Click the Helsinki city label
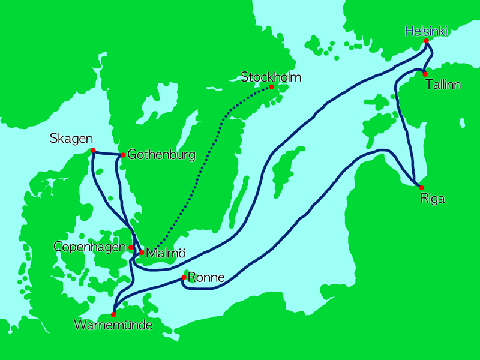coord(426,31)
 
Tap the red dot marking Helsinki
coord(426,41)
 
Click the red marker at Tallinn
coord(425,74)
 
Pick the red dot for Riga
coord(421,188)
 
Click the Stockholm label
coord(271,77)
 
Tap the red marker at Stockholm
coord(271,87)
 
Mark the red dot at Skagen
coord(93,150)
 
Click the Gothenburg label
coord(161,155)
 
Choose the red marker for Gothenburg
coord(123,155)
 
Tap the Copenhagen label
coord(90,247)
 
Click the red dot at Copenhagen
coord(131,247)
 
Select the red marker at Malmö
coord(142,253)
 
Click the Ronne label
coord(206,277)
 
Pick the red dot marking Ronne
coord(184,277)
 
